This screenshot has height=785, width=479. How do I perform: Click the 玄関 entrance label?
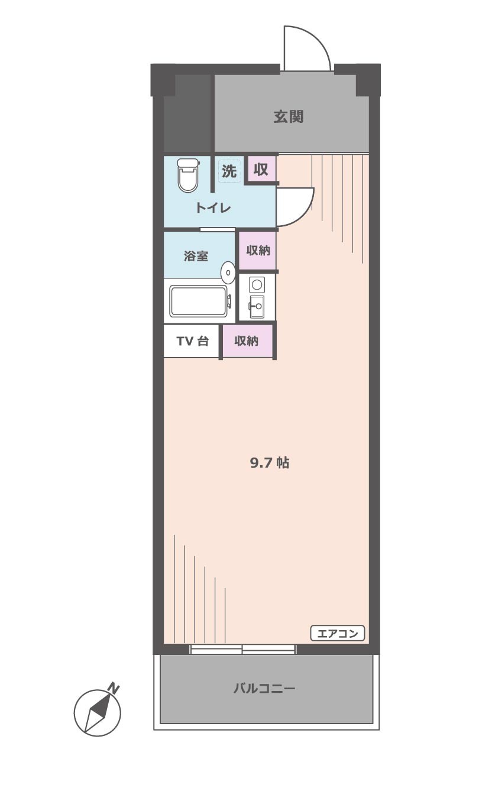pyautogui.click(x=288, y=117)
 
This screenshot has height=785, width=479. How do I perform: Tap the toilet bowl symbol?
pyautogui.click(x=187, y=176)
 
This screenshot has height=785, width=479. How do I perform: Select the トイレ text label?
pyautogui.click(x=213, y=208)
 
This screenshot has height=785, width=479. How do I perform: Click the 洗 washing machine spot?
pyautogui.click(x=229, y=171)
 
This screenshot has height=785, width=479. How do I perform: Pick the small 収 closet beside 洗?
pyautogui.click(x=261, y=170)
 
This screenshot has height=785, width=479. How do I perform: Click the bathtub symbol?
pyautogui.click(x=199, y=301)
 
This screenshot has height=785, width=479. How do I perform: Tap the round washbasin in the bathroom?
pyautogui.click(x=228, y=273)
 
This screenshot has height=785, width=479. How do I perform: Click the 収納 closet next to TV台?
pyautogui.click(x=247, y=341)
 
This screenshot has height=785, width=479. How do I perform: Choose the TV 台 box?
pyautogui.click(x=192, y=341)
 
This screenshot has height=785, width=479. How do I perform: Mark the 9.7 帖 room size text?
pyautogui.click(x=269, y=463)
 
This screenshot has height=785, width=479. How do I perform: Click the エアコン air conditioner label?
pyautogui.click(x=338, y=634)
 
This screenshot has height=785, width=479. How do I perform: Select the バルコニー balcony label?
pyautogui.click(x=264, y=689)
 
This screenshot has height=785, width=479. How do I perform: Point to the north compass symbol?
pyautogui.click(x=97, y=712)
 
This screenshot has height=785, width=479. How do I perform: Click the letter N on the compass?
pyautogui.click(x=114, y=689)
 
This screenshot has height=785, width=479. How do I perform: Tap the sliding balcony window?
pyautogui.click(x=242, y=649)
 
